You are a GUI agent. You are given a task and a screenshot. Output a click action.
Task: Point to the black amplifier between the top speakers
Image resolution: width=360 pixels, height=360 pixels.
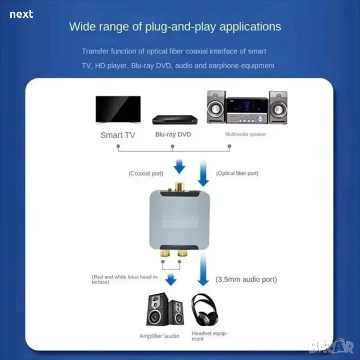click(247, 110)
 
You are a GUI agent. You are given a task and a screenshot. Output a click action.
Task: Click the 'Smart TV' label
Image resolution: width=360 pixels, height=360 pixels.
click(118, 135)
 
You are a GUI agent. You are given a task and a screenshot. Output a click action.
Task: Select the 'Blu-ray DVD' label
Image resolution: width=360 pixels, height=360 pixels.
click(173, 135)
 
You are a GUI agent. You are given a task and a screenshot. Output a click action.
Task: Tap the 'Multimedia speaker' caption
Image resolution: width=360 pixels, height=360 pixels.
click(246, 134)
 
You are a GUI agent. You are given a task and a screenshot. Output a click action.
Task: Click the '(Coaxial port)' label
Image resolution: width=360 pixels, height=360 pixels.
click(146, 173)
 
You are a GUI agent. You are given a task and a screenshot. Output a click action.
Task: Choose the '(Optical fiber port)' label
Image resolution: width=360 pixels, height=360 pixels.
click(237, 173)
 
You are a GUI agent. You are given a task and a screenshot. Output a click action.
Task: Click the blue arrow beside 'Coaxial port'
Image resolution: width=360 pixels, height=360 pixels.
click(180, 166)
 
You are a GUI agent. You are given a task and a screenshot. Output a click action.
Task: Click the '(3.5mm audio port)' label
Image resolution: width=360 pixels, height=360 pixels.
click(246, 279)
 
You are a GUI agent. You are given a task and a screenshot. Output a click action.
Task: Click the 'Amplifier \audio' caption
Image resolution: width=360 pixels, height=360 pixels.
click(159, 336)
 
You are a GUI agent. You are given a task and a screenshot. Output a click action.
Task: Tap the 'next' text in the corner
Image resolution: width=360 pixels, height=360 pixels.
click(22, 14)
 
